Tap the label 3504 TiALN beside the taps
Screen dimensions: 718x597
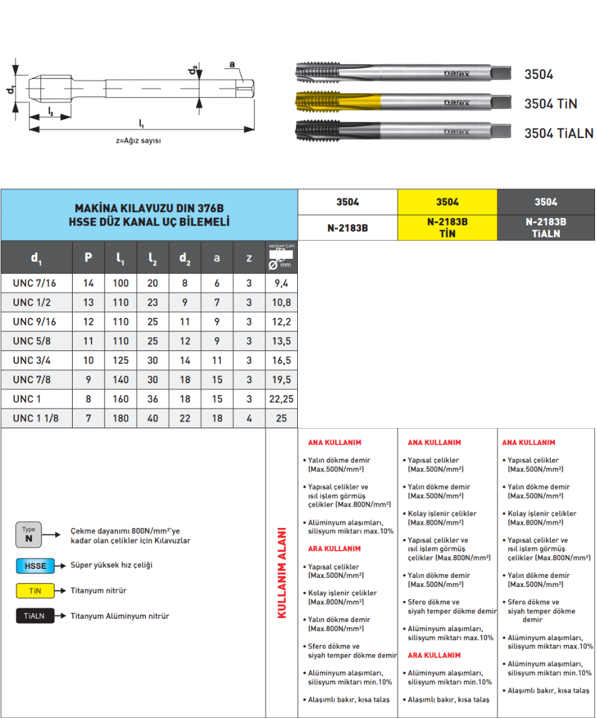559,134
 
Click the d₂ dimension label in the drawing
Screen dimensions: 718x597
193,69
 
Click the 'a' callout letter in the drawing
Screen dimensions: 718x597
231,64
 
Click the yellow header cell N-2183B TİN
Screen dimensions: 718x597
447,228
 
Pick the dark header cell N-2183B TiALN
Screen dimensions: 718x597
546,228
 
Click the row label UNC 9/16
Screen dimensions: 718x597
35,322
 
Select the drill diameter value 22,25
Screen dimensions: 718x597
281,400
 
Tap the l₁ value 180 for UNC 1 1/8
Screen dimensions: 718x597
121,419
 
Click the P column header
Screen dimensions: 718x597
88,258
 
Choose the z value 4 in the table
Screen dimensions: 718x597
249,419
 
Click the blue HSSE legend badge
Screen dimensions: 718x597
35,566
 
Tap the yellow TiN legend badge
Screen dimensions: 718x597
35,591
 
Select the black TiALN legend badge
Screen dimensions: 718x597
35,616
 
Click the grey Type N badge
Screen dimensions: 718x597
29,534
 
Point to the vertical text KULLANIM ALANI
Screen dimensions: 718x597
282,573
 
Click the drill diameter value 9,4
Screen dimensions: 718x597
281,283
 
